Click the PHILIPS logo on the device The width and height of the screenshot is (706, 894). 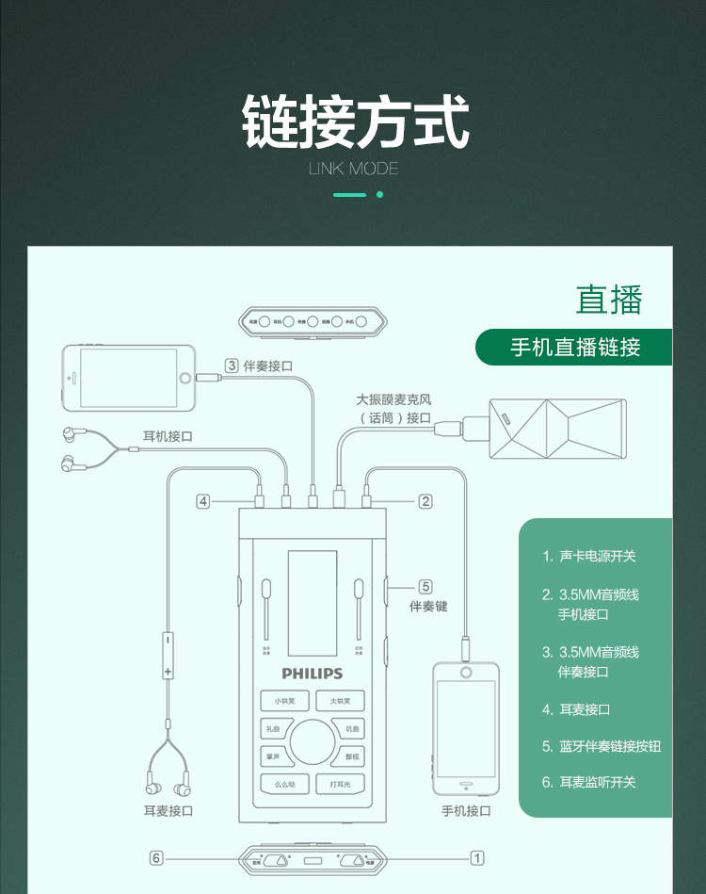click(313, 674)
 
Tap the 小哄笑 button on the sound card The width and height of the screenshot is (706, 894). click(285, 701)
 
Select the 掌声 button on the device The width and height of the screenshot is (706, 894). click(273, 756)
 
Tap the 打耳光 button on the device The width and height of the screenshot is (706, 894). click(340, 784)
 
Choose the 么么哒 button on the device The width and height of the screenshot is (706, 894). click(285, 784)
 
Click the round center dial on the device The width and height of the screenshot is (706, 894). click(313, 742)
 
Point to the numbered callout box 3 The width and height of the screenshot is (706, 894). click(232, 366)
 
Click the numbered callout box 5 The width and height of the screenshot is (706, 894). click(425, 585)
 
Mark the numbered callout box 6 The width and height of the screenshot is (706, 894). click(156, 857)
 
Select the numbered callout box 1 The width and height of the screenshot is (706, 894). click(478, 857)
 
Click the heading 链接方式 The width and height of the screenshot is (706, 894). click(355, 122)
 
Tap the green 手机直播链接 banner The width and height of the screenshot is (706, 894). click(575, 347)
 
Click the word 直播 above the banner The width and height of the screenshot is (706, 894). click(609, 299)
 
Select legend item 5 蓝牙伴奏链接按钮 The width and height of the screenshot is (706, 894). click(602, 746)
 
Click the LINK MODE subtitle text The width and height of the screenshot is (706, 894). click(354, 169)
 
